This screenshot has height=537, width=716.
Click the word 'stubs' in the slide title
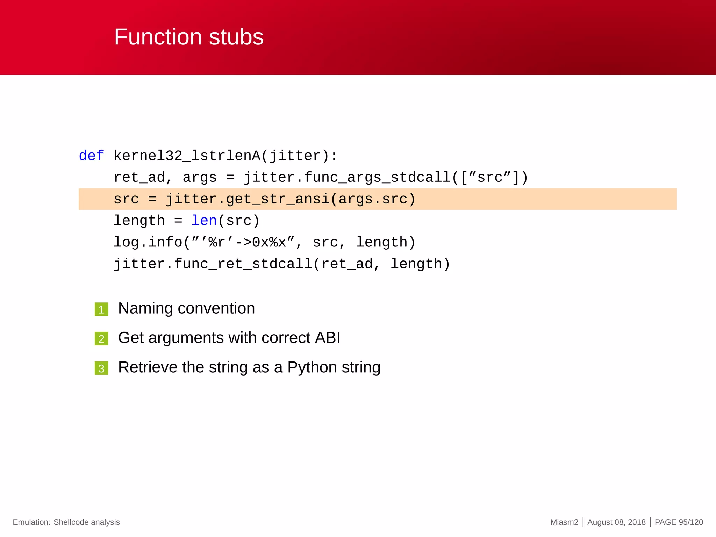(236, 37)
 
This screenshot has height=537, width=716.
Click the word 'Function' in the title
(158, 37)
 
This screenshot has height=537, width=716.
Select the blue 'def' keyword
(91, 156)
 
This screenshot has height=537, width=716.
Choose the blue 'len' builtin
(204, 221)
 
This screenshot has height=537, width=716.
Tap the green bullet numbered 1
(101, 309)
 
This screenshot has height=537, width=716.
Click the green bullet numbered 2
(101, 339)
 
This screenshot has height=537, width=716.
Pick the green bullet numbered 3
(101, 368)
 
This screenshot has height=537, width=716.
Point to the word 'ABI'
(328, 338)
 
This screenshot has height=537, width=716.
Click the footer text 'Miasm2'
(564, 522)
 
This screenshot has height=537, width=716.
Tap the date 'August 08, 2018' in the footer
(616, 522)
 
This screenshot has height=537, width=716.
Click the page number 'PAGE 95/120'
(679, 522)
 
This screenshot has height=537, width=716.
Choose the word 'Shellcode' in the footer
(71, 522)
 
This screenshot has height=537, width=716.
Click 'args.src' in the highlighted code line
(373, 199)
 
